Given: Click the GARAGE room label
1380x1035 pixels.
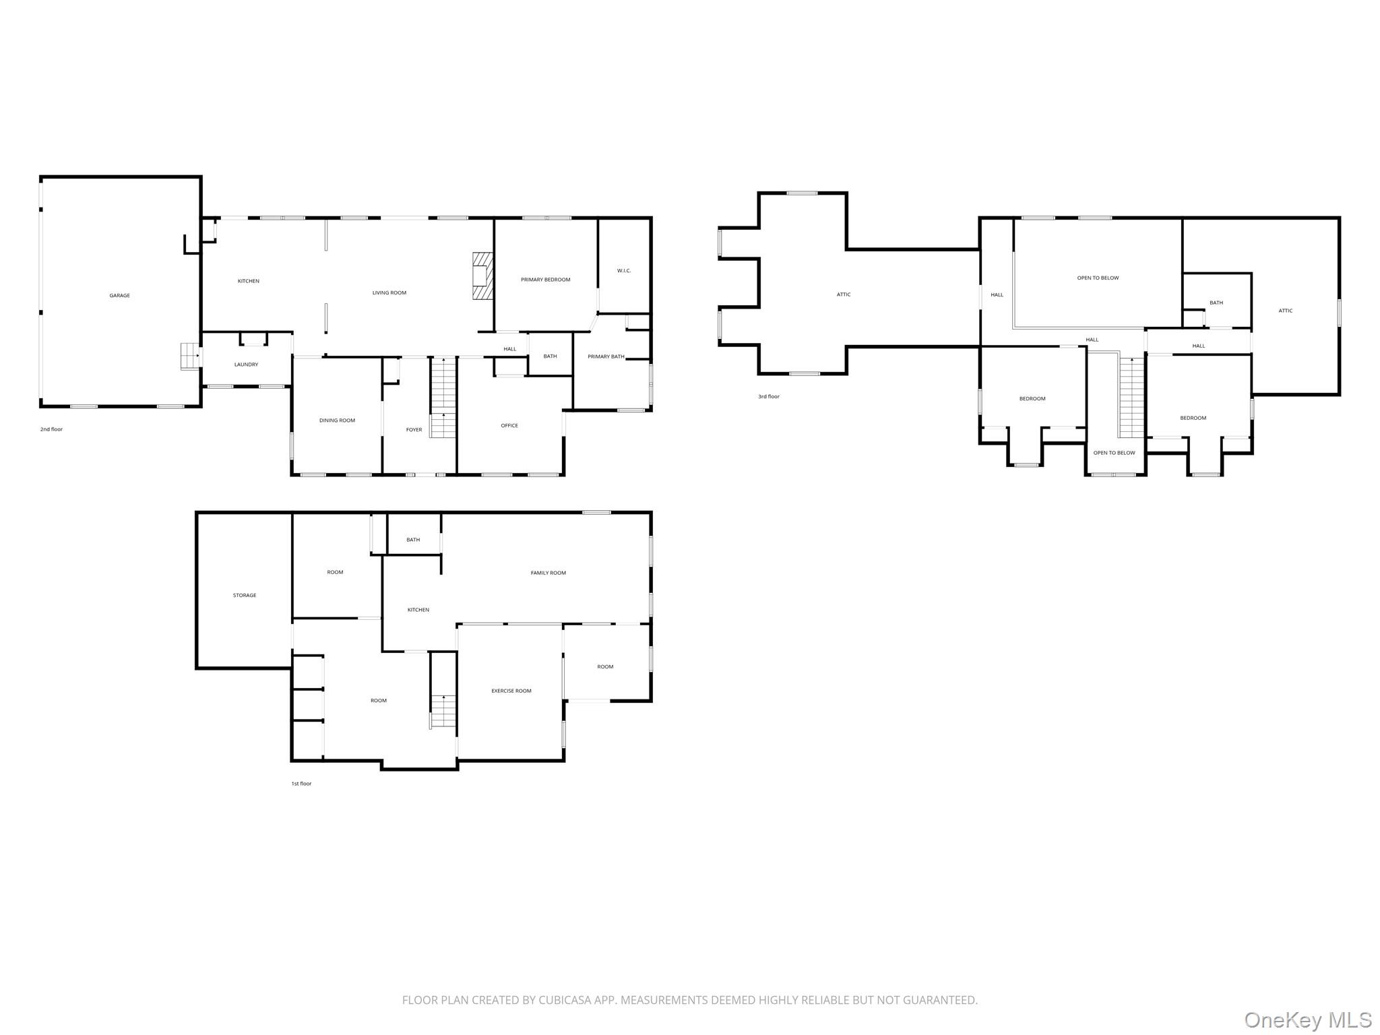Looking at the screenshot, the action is [120, 295].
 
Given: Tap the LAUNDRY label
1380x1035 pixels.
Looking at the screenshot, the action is [246, 365].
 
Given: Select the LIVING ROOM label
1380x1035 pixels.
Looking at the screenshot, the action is [389, 292].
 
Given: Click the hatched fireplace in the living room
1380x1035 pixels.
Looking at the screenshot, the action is [482, 276].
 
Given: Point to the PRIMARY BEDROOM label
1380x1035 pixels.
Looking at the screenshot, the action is [546, 280].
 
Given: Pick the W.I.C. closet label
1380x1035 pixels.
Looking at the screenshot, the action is [624, 271].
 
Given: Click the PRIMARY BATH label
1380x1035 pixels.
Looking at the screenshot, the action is [606, 356].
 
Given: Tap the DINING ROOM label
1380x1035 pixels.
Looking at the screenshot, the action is [337, 420].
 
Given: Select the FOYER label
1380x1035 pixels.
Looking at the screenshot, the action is [414, 429].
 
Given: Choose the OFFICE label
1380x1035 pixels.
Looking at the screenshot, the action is [509, 425].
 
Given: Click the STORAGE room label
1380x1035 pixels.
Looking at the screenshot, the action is [245, 595].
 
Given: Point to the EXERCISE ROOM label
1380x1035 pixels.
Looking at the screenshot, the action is [511, 691].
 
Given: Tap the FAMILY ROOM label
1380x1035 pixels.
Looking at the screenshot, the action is [548, 573].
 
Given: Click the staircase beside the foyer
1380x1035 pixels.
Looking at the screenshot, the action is [443, 398].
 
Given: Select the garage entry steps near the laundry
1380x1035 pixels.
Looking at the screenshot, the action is [191, 356].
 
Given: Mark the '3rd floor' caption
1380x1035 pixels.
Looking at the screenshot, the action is [769, 396].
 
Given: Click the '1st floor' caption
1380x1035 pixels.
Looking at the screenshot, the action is [301, 784].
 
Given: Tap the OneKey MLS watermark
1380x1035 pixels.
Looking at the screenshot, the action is [1307, 1020].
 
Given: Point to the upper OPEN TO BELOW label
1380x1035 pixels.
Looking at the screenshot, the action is [1098, 278].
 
